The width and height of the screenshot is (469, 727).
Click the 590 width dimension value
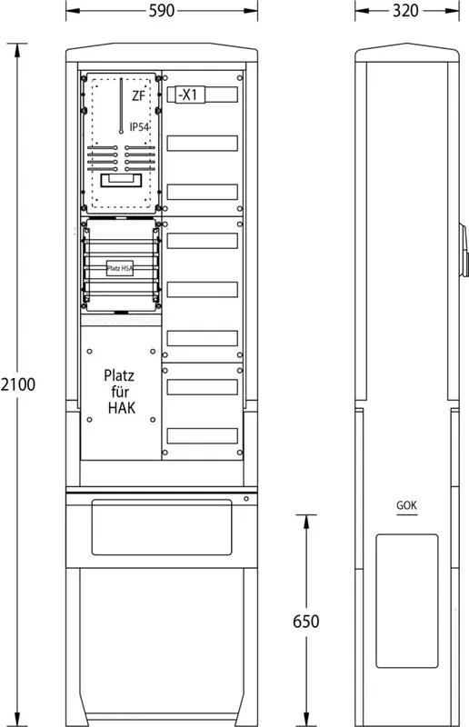(x=162, y=10)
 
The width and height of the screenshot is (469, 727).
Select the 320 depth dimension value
(x=405, y=10)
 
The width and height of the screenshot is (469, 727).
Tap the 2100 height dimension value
(x=17, y=384)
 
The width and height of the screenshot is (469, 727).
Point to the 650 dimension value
(x=305, y=622)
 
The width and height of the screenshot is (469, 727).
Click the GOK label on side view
(x=406, y=505)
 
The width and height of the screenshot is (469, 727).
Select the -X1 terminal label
(x=188, y=95)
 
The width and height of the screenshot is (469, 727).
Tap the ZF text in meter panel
(x=139, y=96)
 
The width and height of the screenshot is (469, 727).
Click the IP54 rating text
(x=140, y=126)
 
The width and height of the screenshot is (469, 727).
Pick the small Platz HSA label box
(x=120, y=268)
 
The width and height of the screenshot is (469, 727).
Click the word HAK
(x=122, y=408)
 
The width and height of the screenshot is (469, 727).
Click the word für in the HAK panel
(x=120, y=392)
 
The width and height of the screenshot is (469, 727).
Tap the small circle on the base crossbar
(x=246, y=498)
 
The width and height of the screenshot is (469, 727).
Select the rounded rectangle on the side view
(x=407, y=601)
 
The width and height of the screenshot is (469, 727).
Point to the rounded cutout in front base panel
(x=162, y=527)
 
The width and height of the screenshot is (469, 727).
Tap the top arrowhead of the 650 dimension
(x=305, y=521)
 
